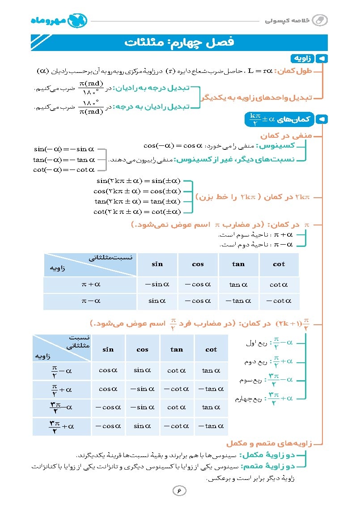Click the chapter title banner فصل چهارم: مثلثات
[179, 43]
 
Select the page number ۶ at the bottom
[179, 491]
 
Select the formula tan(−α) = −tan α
[64, 160]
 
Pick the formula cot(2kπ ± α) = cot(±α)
[137, 212]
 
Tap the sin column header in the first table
[157, 264]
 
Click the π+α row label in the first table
[90, 284]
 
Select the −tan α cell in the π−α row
[238, 301]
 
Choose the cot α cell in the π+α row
[279, 284]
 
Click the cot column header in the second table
[211, 349]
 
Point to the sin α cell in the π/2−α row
[142, 370]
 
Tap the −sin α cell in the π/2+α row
[142, 389]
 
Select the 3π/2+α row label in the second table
[61, 426]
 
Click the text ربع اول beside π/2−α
[256, 343]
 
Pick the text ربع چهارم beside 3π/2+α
[250, 399]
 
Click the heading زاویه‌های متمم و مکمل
[268, 444]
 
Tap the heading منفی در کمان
[286, 136]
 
